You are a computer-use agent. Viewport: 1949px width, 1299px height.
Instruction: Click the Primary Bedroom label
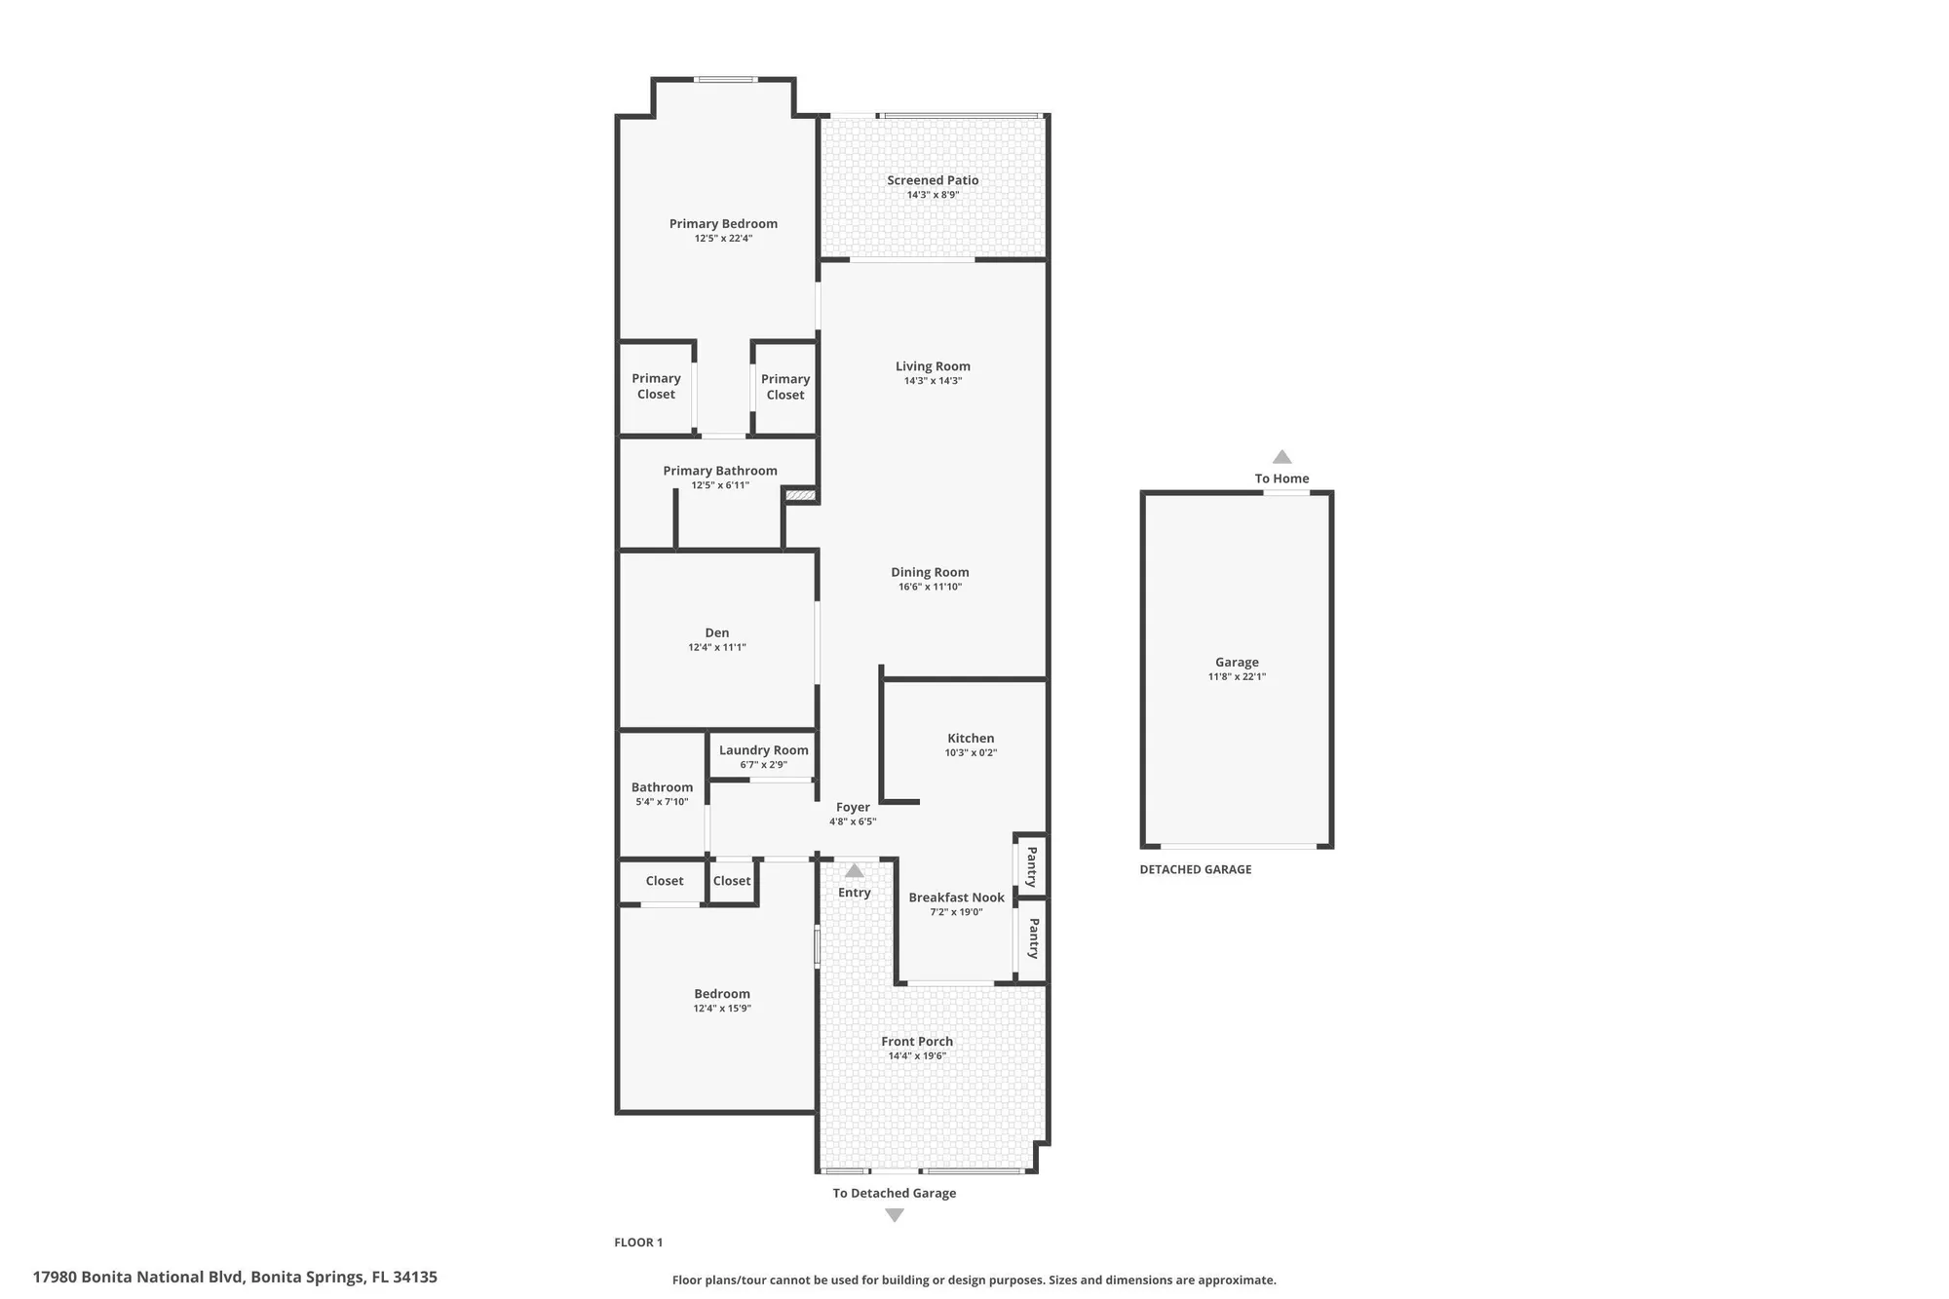[723, 224]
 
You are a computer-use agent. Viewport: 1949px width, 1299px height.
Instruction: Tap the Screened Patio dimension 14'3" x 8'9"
[933, 195]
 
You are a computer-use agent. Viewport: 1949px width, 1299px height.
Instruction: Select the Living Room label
[933, 366]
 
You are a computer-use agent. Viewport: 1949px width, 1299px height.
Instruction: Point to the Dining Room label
[930, 572]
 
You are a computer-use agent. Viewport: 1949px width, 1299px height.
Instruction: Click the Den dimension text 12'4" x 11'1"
[716, 647]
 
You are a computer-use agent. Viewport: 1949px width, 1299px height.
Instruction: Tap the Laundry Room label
[763, 750]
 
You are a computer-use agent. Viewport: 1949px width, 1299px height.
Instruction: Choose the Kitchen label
[971, 738]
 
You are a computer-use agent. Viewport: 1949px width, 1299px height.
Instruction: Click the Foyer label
[853, 807]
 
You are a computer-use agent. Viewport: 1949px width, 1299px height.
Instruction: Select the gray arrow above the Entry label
[855, 870]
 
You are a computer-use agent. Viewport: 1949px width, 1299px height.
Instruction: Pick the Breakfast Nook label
[956, 898]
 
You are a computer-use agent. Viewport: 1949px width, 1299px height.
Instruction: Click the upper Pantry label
[1031, 866]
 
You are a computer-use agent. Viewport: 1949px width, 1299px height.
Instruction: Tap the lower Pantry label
[1033, 937]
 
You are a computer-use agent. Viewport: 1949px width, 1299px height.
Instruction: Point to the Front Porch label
[917, 1041]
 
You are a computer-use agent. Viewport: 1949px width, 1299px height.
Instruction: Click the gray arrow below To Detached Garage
[895, 1215]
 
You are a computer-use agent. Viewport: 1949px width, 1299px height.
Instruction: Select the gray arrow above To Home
[1282, 457]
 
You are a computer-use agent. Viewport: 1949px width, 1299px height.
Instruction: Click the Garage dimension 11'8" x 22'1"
[1237, 676]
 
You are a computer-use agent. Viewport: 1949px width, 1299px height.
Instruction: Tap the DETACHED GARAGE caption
[1195, 869]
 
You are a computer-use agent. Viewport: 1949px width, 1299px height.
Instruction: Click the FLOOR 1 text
[638, 1242]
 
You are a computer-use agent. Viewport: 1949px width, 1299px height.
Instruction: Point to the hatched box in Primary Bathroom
[800, 495]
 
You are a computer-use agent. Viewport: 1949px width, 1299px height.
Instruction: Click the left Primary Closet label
[656, 386]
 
